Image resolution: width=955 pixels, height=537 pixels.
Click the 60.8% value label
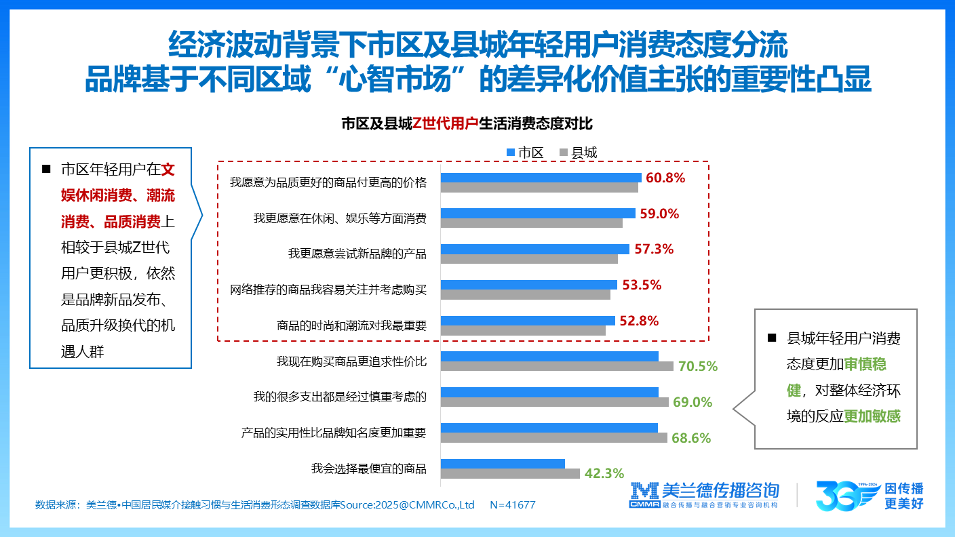click(x=665, y=178)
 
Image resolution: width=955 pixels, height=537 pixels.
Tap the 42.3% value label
click(x=604, y=473)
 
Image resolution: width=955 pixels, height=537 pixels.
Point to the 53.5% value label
click(x=641, y=285)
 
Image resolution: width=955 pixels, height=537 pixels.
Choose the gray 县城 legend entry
click(x=578, y=153)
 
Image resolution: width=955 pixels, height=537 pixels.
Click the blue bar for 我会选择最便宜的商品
click(x=503, y=464)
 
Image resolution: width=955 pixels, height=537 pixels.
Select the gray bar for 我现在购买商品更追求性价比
click(x=557, y=366)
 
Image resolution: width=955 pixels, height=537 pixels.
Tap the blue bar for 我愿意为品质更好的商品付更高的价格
click(x=541, y=178)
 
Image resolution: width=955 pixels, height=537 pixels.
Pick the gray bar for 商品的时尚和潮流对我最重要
click(x=523, y=330)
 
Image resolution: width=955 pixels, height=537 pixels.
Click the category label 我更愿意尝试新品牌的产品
click(x=357, y=254)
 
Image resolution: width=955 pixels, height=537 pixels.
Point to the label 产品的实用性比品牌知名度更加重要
click(x=334, y=432)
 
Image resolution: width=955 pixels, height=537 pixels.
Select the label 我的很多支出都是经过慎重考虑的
click(x=340, y=397)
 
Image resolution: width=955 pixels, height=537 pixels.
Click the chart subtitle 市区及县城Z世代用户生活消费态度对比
click(x=467, y=124)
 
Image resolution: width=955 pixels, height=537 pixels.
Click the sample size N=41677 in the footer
click(x=512, y=505)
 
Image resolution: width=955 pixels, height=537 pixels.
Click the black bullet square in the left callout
click(x=46, y=169)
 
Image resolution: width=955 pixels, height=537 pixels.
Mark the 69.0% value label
click(x=692, y=402)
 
